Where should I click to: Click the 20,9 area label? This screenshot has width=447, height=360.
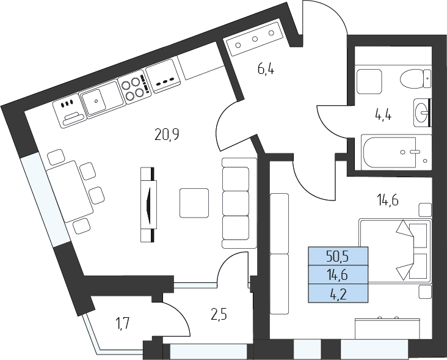[167, 134]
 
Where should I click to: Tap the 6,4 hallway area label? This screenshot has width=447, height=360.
[266, 69]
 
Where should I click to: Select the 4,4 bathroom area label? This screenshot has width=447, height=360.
[383, 116]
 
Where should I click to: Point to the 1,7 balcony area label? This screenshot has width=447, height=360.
[123, 325]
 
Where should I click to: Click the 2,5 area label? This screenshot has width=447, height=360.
[219, 315]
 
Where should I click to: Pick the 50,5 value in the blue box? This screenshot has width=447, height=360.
[338, 257]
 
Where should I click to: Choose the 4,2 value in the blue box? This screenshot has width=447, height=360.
[338, 294]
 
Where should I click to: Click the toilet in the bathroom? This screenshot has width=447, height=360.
[416, 79]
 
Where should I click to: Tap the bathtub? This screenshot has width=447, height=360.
[396, 152]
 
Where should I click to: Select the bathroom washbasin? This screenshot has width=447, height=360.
[422, 112]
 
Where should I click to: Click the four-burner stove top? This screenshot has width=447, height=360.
[134, 87]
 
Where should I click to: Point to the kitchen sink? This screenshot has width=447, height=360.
[103, 99]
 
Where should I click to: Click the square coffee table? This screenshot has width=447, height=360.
[194, 203]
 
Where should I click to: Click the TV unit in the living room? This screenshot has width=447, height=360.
[148, 205]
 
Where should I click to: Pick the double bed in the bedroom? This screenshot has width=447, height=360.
[395, 251]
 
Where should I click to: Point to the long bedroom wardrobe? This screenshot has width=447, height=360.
[280, 254]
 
